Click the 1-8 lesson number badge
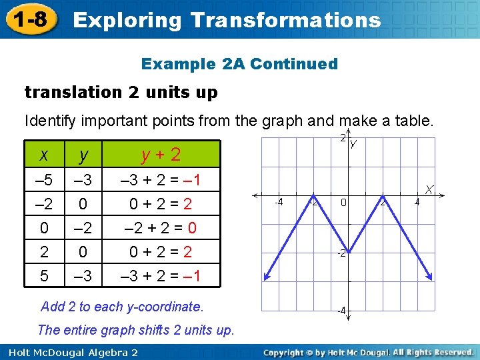tap(29, 19)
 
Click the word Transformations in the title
tap(285, 19)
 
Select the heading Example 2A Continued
tap(239, 64)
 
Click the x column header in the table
tap(43, 155)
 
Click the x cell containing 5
tap(43, 275)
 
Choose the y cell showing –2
tap(83, 228)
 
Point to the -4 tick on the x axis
tap(280, 202)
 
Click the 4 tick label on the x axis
tap(417, 202)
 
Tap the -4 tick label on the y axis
tap(340, 311)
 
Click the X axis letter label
tap(431, 189)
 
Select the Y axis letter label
tap(353, 144)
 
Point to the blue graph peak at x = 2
tap(384, 196)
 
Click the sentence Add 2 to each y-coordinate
tap(122, 307)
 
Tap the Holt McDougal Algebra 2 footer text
tap(69, 352)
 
